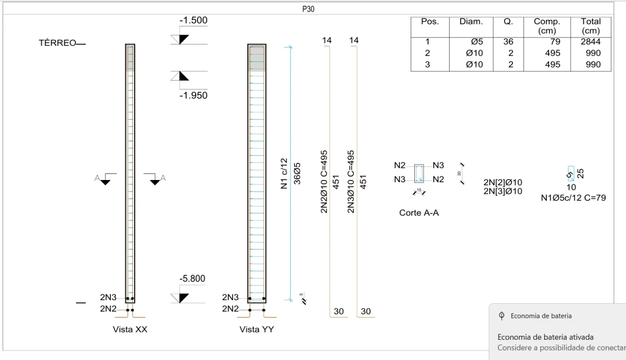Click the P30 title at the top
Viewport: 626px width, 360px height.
coord(308,9)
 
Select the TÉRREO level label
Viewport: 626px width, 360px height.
coord(57,43)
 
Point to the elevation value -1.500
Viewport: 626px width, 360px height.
coord(194,20)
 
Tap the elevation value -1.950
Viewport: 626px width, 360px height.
coord(194,95)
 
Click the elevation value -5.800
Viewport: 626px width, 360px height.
coord(192,279)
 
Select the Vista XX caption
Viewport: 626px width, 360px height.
coord(130,329)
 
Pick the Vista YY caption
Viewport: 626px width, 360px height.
coord(257,329)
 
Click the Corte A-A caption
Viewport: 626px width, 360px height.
coord(419,213)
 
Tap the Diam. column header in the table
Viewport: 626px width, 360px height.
coord(471,22)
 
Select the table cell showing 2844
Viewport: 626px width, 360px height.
coord(590,42)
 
